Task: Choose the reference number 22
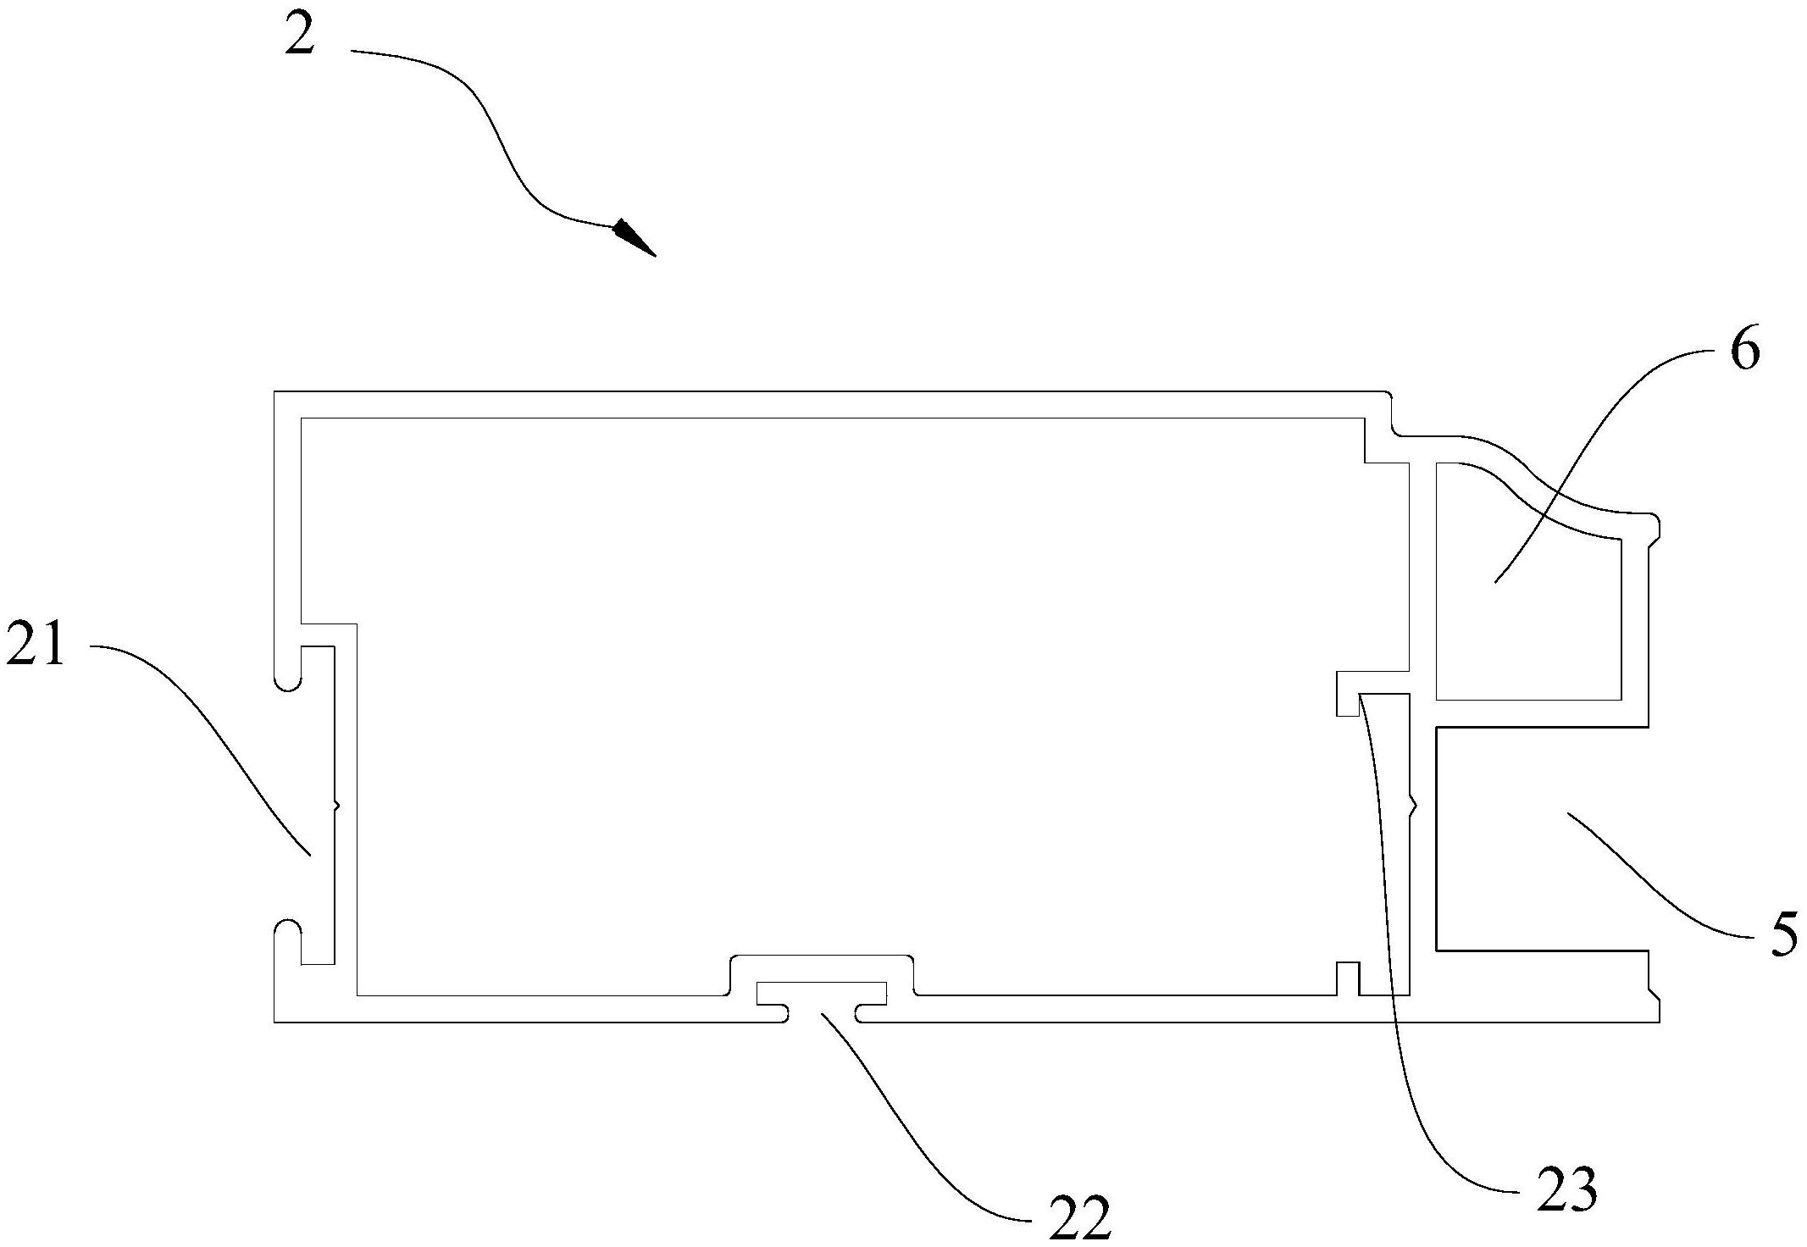[x=1079, y=1221]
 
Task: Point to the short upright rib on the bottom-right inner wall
[x=1348, y=978]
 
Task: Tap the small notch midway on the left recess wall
[x=337, y=805]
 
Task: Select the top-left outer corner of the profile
[x=274, y=392]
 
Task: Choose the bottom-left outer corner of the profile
[x=274, y=1023]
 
